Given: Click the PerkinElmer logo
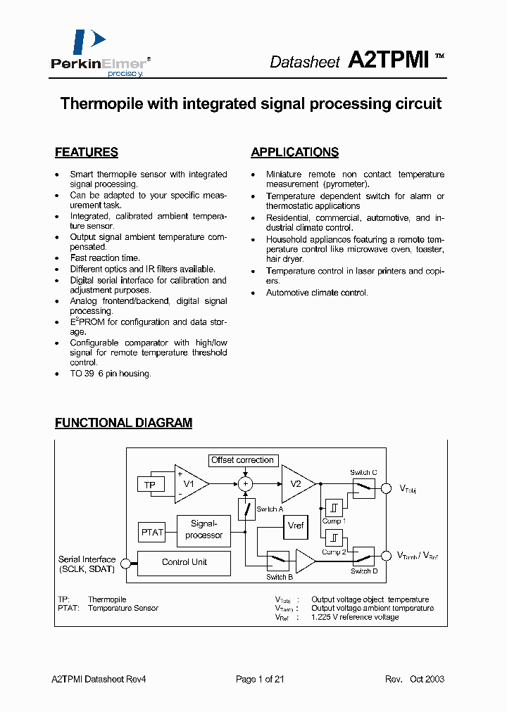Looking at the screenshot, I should pyautogui.click(x=99, y=53).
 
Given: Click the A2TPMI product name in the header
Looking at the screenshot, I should pyautogui.click(x=389, y=61).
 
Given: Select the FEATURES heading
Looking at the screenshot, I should pyautogui.click(x=87, y=152).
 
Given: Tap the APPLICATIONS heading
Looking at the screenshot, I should pyautogui.click(x=294, y=152).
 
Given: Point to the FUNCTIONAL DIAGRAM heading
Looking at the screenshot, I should pyautogui.click(x=124, y=423).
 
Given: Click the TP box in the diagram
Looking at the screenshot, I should pyautogui.click(x=150, y=485).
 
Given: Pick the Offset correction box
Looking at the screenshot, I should pyautogui.click(x=242, y=460).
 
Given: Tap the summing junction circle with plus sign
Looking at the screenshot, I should pyautogui.click(x=246, y=484).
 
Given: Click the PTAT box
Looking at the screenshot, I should pyautogui.click(x=152, y=533).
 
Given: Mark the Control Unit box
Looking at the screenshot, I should pyautogui.click(x=184, y=562).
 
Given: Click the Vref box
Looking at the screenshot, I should pyautogui.click(x=296, y=526).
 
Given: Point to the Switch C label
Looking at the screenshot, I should pyautogui.click(x=364, y=472).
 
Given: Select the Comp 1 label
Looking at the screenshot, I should pyautogui.click(x=333, y=521).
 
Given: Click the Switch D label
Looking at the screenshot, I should pyautogui.click(x=365, y=571).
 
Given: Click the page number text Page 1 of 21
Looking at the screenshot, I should pyautogui.click(x=260, y=679).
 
